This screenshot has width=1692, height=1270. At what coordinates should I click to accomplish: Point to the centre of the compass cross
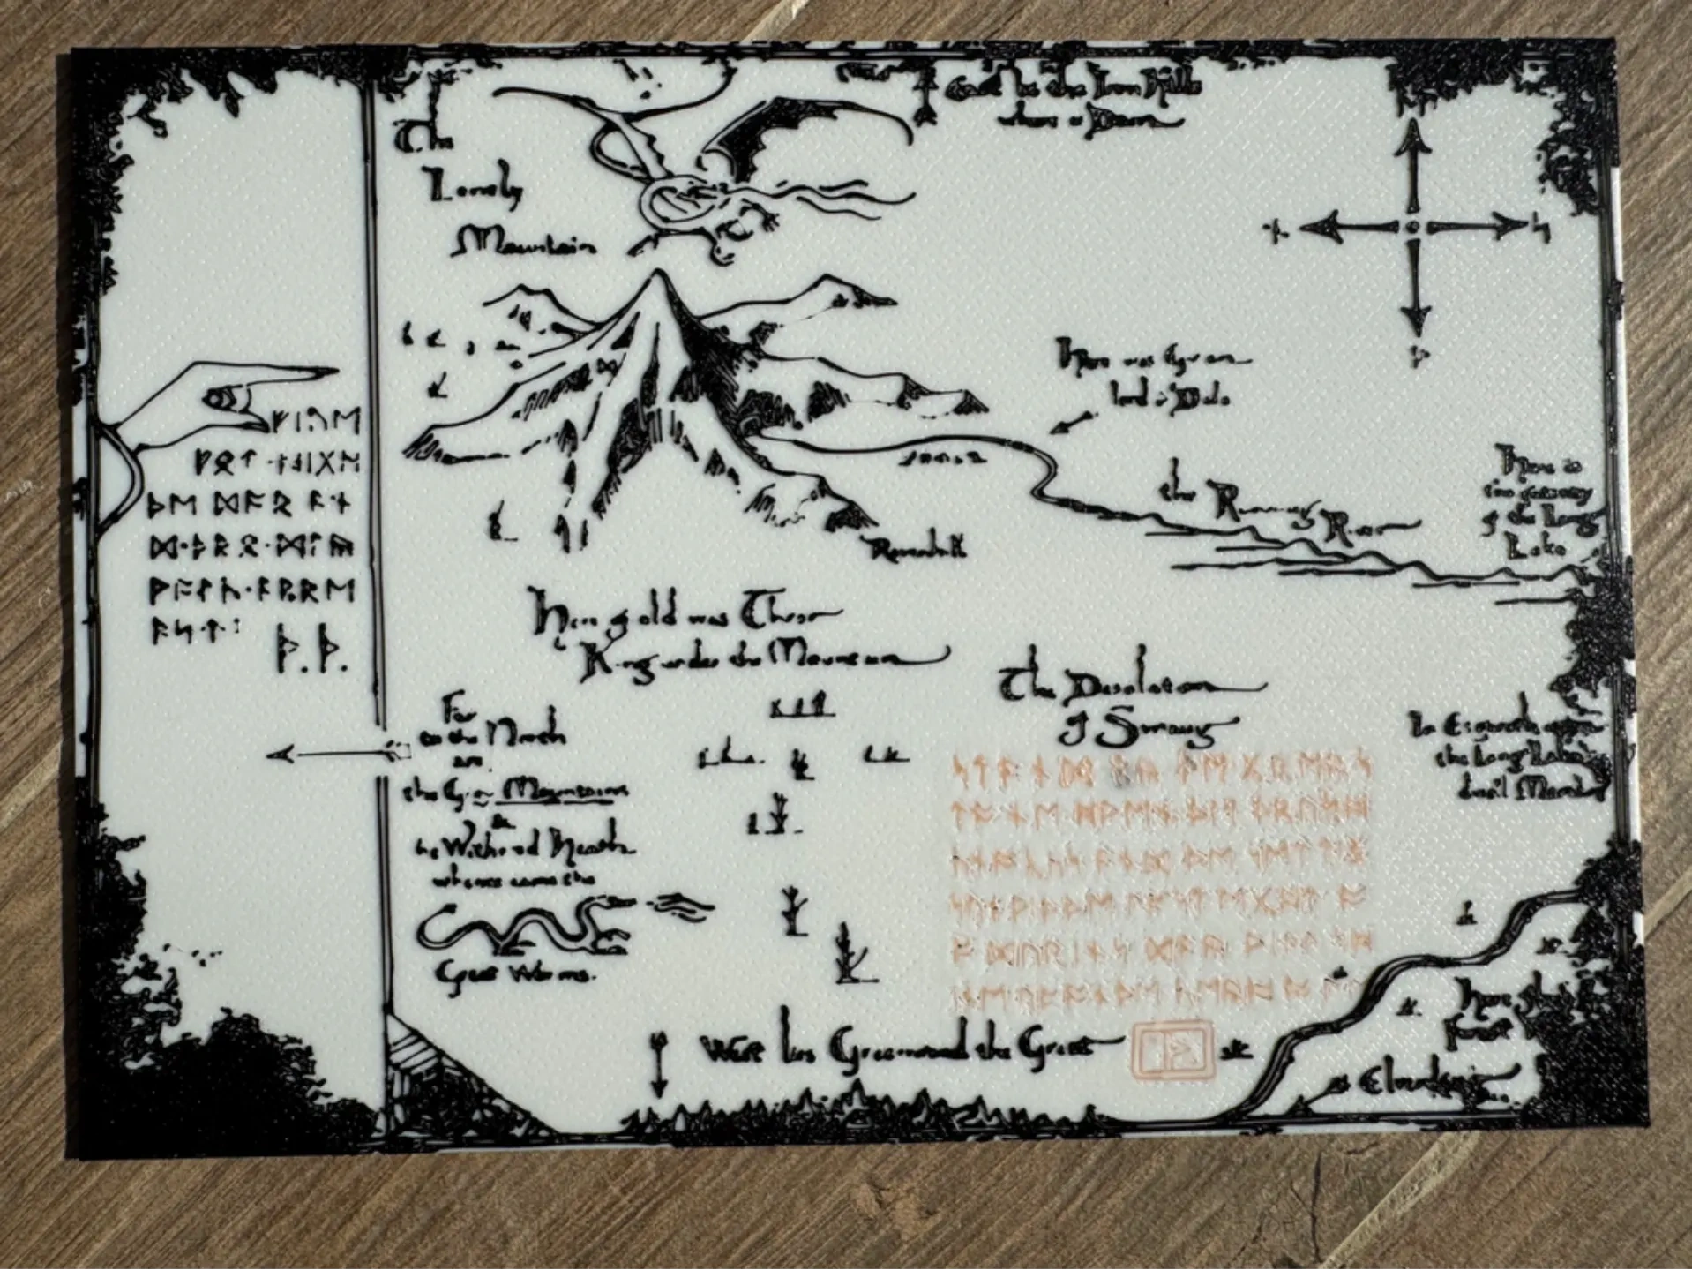point(1413,228)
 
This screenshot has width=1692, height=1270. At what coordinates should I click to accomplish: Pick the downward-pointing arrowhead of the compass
point(1415,322)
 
